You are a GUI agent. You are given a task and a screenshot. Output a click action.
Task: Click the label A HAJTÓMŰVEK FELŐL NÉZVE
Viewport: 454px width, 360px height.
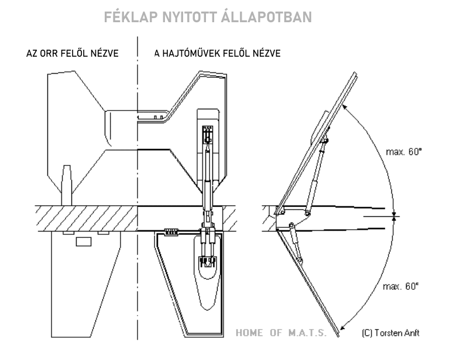click(x=217, y=54)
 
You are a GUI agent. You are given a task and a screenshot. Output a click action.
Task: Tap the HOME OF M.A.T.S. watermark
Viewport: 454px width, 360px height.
click(x=281, y=334)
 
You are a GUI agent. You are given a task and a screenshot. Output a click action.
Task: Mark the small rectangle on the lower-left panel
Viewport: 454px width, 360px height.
click(x=84, y=241)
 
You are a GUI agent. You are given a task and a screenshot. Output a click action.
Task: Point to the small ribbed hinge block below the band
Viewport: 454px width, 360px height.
click(x=171, y=232)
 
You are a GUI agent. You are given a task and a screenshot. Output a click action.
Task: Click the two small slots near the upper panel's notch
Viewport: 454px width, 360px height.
click(x=157, y=117)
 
